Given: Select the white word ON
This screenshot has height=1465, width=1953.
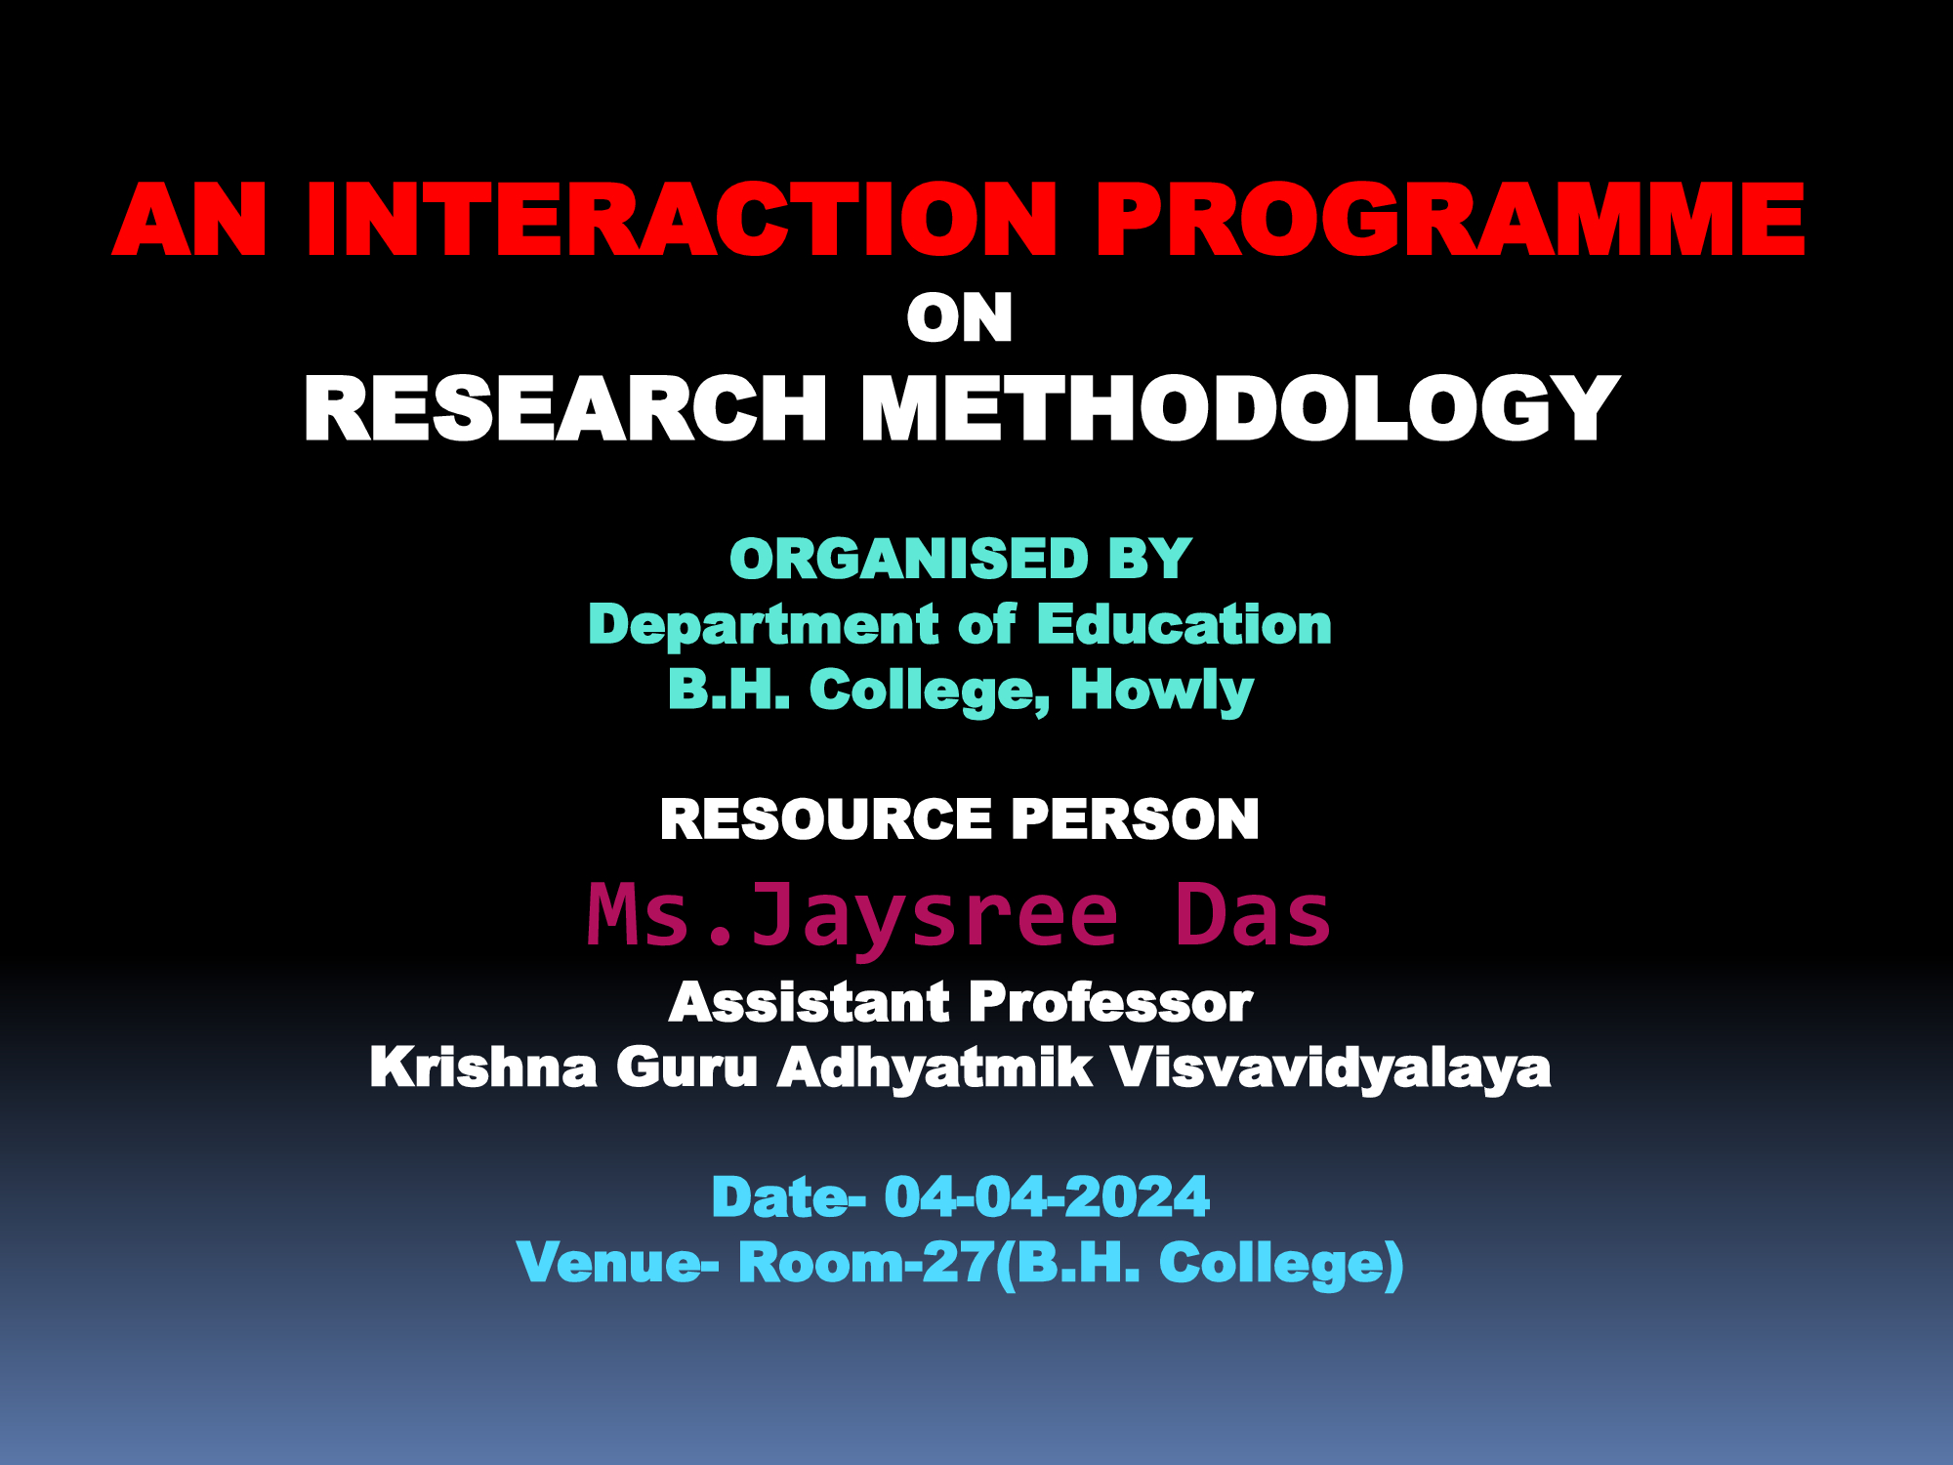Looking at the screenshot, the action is pos(960,318).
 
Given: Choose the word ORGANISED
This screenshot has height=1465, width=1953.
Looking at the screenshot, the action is pos(909,559).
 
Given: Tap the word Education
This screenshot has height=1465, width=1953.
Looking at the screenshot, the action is pos(1184,624).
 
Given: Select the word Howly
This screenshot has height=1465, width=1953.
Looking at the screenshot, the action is pos(1162,691).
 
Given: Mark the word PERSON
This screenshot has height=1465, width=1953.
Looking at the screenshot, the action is pos(1136,818).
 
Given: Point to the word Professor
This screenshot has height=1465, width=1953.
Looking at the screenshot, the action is pos(1111,1002).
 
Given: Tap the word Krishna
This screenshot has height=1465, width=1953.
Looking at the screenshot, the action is pos(483,1067).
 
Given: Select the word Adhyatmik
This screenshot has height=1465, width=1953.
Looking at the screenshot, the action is pos(935,1068).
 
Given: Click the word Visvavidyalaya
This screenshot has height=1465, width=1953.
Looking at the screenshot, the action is pos(1331,1068).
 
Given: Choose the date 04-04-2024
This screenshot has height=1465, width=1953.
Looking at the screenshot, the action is pos(1047,1197).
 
